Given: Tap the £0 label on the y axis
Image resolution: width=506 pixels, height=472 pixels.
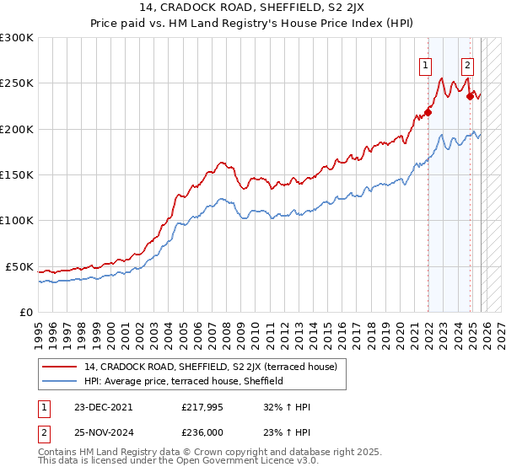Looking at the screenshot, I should [x=26, y=312].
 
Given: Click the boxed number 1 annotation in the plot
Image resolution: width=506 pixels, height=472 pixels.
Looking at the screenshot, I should [x=427, y=65].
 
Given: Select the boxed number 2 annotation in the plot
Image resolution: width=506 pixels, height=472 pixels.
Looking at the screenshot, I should [x=467, y=65].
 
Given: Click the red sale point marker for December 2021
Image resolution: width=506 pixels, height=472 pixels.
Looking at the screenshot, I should [x=428, y=112].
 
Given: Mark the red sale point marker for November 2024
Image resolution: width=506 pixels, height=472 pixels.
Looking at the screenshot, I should [x=469, y=96].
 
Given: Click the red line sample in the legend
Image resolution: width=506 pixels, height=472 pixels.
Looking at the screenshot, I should [x=61, y=367].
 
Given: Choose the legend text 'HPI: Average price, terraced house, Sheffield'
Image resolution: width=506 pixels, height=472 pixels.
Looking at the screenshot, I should [x=184, y=381].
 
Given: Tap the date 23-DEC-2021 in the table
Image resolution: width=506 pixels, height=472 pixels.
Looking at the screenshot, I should [x=103, y=407].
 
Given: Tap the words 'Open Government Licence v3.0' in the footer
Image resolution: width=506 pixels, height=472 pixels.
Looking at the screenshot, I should [x=247, y=463].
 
